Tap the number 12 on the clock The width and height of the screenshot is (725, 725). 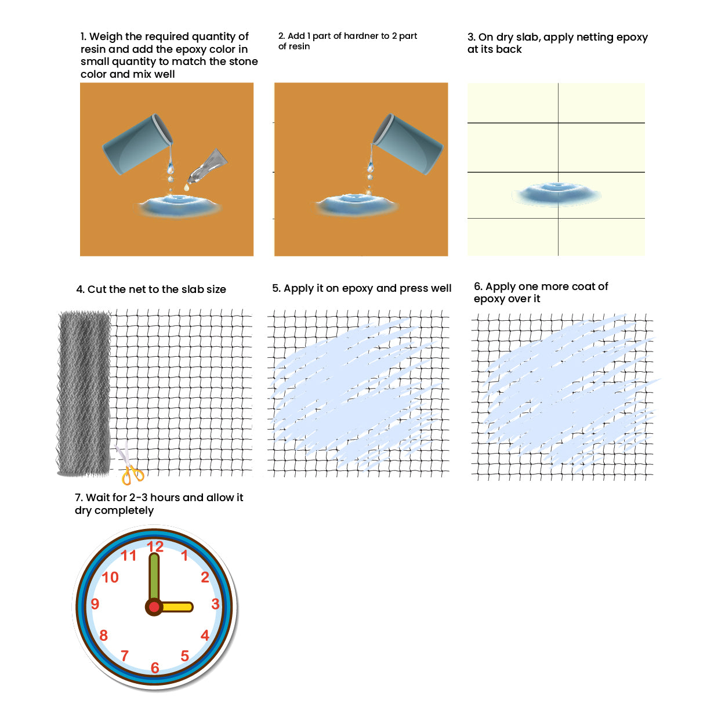tap(155, 547)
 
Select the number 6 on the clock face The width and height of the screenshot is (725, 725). tap(155, 668)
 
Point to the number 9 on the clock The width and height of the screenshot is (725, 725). tap(95, 604)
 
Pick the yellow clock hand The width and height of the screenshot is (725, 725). tap(176, 607)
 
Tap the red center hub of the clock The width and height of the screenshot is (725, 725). tap(154, 607)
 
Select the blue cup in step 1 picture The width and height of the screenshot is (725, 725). tap(137, 144)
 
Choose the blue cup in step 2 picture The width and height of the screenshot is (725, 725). tap(408, 144)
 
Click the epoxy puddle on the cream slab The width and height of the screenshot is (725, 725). tap(556, 194)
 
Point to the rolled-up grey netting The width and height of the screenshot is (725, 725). tap(84, 393)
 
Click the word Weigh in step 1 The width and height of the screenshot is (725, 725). tap(106, 37)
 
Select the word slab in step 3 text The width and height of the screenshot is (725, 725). tap(527, 37)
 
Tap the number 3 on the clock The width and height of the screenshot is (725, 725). tap(215, 604)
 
